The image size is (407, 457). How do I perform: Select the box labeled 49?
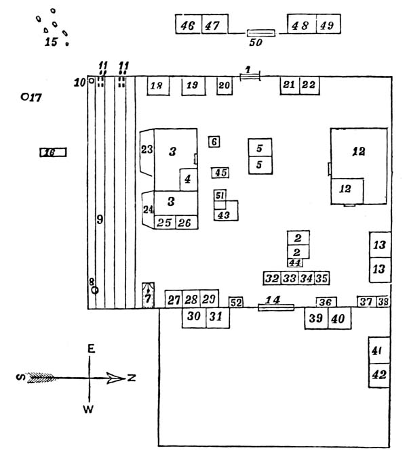(327, 24)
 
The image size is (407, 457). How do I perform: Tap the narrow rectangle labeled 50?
(261, 32)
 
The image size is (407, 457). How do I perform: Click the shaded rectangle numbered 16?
(52, 152)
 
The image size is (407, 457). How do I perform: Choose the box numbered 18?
(157, 87)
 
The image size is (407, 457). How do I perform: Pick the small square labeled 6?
(214, 142)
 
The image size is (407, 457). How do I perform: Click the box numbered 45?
(220, 172)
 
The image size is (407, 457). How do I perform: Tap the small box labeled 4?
(188, 179)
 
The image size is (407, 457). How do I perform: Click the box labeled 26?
(185, 223)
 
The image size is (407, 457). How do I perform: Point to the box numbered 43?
(223, 215)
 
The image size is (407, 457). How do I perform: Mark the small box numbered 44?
(295, 263)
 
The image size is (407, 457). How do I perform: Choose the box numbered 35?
(322, 278)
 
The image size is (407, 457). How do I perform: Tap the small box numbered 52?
(236, 303)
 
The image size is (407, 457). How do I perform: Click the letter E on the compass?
(90, 349)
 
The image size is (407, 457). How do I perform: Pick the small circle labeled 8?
(95, 290)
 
